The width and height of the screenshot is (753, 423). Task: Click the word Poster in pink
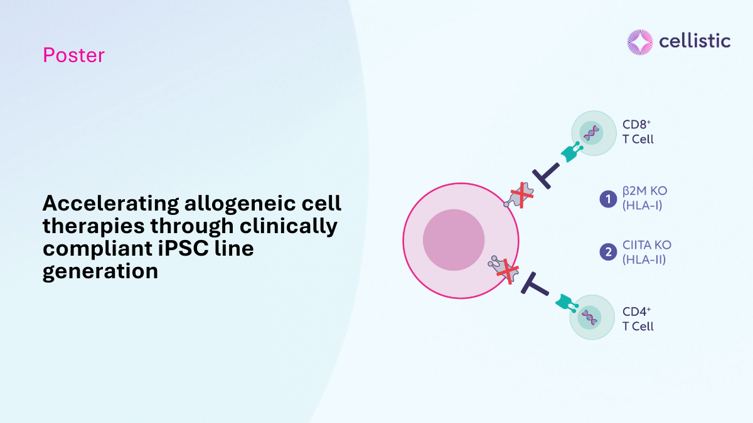tap(73, 55)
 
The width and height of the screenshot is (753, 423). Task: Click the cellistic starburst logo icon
tap(640, 42)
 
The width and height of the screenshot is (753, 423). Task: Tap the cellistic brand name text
tap(695, 41)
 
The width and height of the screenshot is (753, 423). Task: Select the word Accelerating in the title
tap(111, 204)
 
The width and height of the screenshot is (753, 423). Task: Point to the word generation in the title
tap(100, 271)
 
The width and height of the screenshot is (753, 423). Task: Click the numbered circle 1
tap(608, 199)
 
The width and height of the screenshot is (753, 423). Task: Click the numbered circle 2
tap(608, 252)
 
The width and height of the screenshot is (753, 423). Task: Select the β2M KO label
tap(645, 198)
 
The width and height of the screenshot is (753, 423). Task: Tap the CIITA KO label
tap(647, 252)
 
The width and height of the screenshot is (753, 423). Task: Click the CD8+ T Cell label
tap(638, 132)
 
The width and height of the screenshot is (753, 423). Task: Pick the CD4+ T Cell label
tap(638, 319)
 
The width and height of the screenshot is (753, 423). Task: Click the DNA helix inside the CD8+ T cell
tap(591, 133)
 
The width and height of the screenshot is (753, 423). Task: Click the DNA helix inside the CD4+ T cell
tap(590, 318)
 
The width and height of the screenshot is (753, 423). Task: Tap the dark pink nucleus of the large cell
tap(454, 240)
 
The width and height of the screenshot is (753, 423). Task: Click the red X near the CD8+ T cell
tap(521, 195)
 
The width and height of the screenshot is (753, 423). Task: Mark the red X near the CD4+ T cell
tap(508, 271)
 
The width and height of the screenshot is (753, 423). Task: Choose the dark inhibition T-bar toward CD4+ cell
tap(535, 285)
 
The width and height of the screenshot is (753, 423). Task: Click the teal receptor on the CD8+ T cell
tap(572, 152)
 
